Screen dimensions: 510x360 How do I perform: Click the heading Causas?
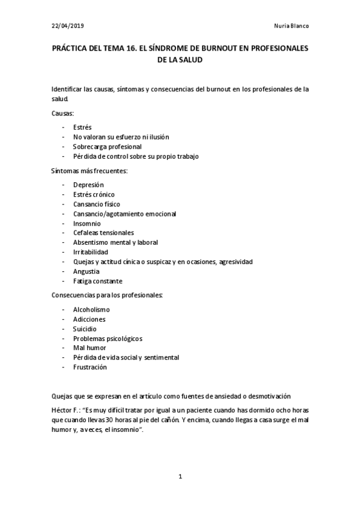pos(62,112)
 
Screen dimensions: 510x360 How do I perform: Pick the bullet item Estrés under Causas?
pos(82,127)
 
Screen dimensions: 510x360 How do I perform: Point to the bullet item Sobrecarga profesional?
pos(107,147)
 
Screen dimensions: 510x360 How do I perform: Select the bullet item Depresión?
pos(88,185)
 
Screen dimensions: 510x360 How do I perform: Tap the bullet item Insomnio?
pos(87,223)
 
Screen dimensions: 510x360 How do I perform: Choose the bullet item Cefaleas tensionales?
pos(103,233)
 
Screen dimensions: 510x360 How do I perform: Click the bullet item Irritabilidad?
pos(91,252)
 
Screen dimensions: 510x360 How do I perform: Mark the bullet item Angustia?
pos(87,271)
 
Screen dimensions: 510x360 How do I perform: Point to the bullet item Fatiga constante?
pos(97,281)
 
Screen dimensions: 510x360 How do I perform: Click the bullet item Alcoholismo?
pos(91,310)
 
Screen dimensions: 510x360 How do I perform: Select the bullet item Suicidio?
pos(85,329)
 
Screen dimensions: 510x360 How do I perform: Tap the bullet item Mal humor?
pos(90,348)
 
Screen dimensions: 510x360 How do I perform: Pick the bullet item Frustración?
pos(90,367)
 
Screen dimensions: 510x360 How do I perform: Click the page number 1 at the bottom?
pos(180,477)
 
